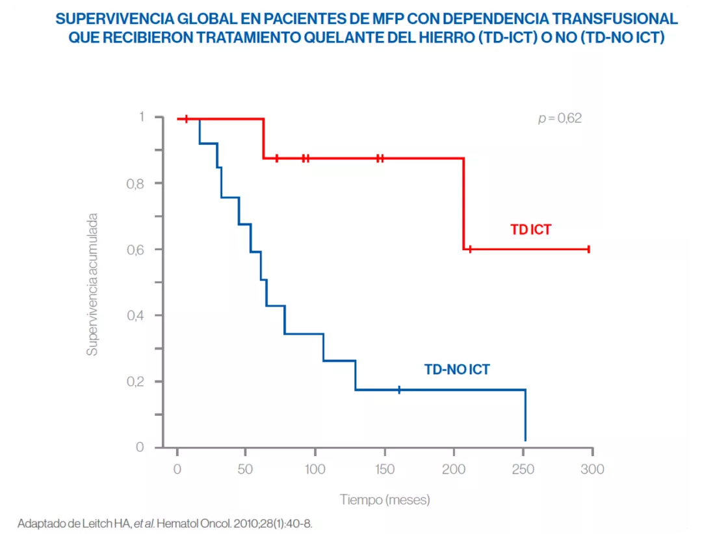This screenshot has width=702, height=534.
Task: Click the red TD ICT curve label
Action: point(530,229)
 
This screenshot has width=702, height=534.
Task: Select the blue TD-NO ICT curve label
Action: point(457,370)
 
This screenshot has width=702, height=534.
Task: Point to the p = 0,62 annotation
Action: point(560,118)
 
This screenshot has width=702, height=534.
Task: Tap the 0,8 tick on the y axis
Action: point(135,184)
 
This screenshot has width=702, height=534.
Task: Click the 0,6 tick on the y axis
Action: point(135,250)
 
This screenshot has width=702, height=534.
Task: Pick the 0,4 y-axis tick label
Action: point(135,316)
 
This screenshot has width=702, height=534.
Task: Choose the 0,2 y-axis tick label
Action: point(135,382)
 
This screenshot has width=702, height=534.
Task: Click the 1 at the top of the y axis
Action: point(140,118)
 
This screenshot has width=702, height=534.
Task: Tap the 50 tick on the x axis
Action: point(246,469)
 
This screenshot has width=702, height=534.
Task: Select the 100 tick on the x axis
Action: point(315,469)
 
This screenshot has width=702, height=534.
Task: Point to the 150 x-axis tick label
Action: point(384,469)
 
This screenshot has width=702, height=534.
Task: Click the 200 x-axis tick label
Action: point(454,469)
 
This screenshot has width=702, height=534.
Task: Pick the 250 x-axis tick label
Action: point(523,469)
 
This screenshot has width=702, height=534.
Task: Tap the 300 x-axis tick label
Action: point(592,469)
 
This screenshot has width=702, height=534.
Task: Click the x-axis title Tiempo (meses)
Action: point(385,500)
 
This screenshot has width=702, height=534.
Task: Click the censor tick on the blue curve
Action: point(399,390)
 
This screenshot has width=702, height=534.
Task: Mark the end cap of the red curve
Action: point(588,249)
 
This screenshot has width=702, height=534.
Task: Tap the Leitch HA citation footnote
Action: point(169,523)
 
